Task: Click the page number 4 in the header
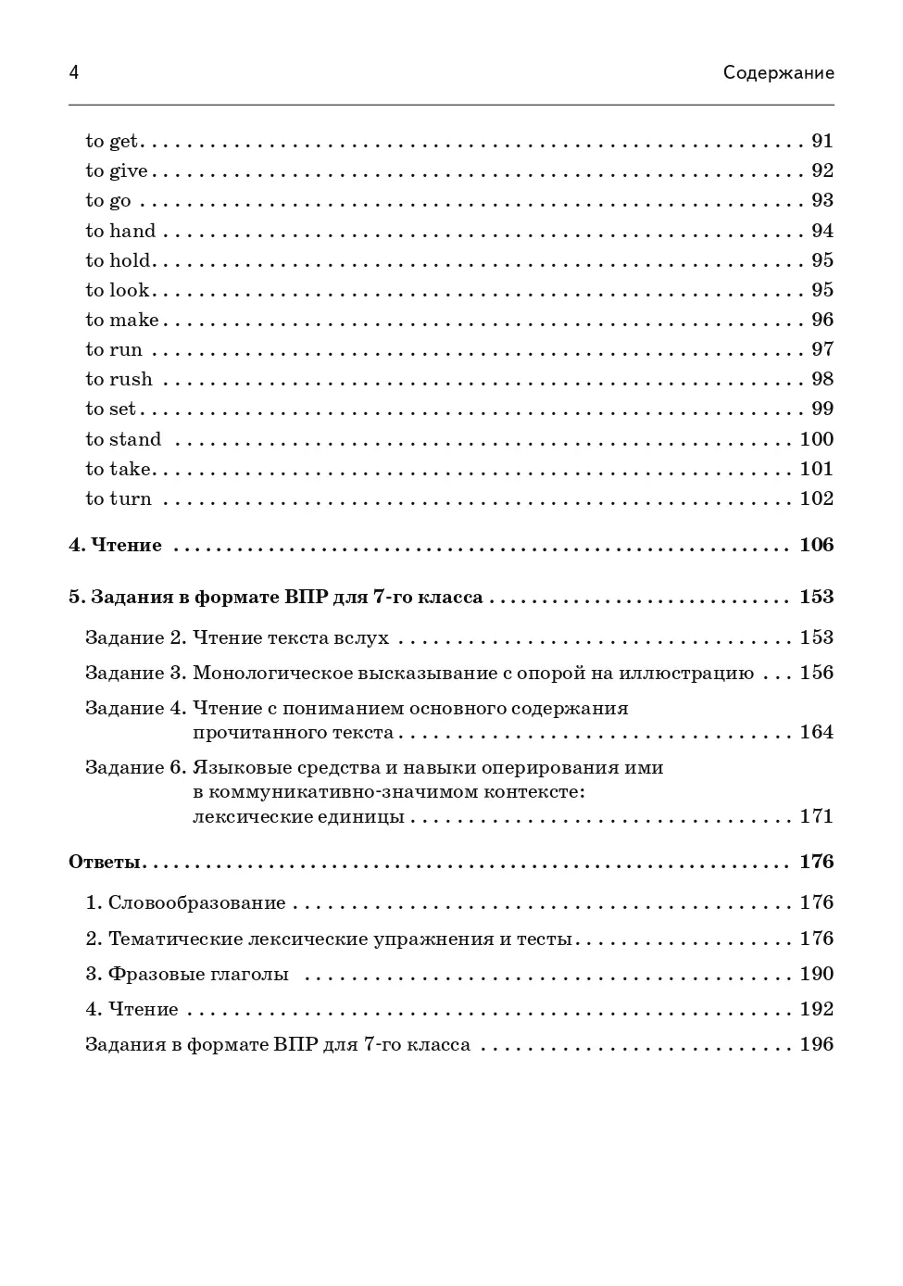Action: [x=74, y=72]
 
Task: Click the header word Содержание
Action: [x=778, y=72]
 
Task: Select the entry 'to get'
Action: [x=111, y=141]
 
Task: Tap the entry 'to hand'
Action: [x=120, y=231]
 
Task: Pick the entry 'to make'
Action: [x=122, y=320]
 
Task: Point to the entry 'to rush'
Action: [x=119, y=379]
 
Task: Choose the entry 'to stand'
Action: [x=123, y=439]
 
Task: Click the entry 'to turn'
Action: [x=119, y=498]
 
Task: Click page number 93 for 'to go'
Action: [x=822, y=200]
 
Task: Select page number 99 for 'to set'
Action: [x=822, y=409]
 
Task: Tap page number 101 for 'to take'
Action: [x=817, y=469]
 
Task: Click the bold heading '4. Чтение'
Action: [x=116, y=545]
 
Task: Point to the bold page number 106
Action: [x=817, y=545]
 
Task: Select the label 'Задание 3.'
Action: [x=136, y=673]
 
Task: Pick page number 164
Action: [x=817, y=732]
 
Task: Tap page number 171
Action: [x=817, y=816]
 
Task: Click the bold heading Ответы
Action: [x=105, y=862]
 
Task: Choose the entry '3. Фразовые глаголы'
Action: [x=187, y=974]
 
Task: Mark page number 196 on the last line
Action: [x=817, y=1044]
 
